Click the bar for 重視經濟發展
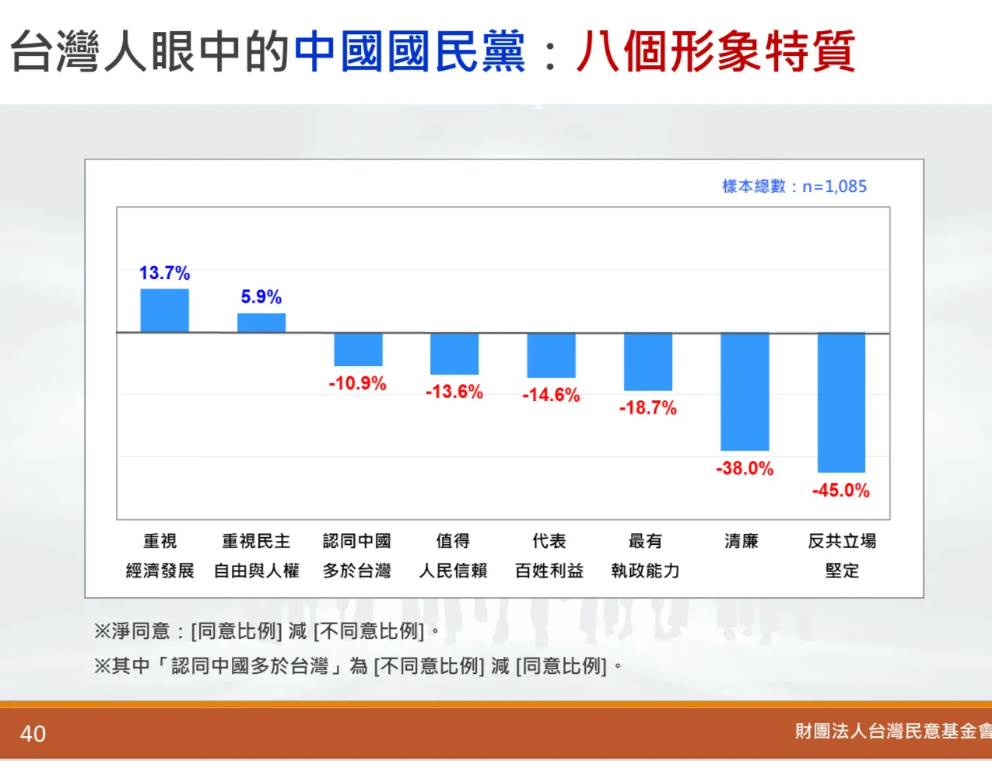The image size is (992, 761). (x=164, y=310)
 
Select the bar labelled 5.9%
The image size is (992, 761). (x=261, y=323)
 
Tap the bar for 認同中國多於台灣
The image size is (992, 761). (x=358, y=350)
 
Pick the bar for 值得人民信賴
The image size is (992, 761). (x=454, y=354)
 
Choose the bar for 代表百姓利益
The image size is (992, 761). (x=551, y=355)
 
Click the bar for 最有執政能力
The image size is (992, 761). (x=647, y=361)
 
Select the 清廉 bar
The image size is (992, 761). (x=745, y=392)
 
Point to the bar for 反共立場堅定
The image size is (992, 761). (x=841, y=403)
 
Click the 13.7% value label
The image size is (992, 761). (x=164, y=273)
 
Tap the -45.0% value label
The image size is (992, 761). (x=840, y=490)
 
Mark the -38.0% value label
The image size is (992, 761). (x=745, y=469)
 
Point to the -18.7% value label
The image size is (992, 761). (x=647, y=408)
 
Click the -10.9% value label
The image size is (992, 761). (x=357, y=383)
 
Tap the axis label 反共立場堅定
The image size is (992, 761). (x=842, y=556)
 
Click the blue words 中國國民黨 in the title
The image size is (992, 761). (x=410, y=52)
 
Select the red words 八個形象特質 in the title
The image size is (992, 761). (x=715, y=52)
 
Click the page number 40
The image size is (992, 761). (x=33, y=734)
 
